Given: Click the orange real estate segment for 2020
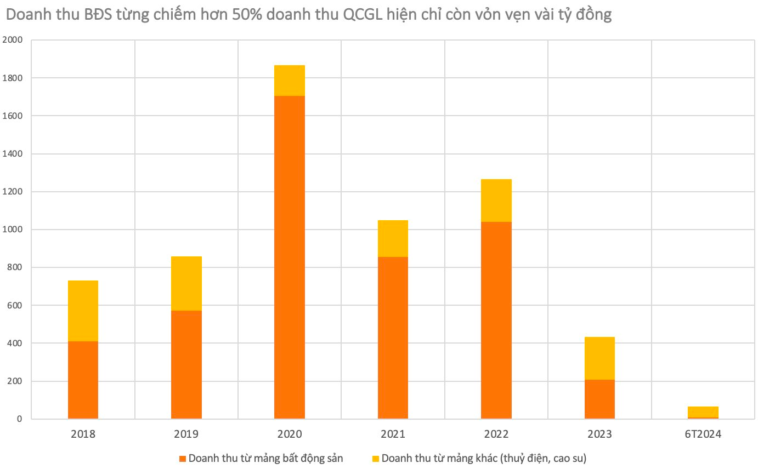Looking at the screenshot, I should point(290,257).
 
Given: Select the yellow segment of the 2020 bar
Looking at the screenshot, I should point(290,81).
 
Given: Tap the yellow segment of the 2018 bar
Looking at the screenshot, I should point(83,311).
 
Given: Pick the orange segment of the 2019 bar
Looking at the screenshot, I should point(186,364).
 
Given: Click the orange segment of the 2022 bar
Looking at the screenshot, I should point(496,320).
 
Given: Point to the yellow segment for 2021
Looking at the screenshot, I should point(393,238).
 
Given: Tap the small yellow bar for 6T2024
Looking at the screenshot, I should point(703,411).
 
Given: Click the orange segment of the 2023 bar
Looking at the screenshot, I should point(599,399).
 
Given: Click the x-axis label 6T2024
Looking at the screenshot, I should point(703,434).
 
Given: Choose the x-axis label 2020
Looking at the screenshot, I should point(290,434).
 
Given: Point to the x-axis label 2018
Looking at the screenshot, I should point(83,434).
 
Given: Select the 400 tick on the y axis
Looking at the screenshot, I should point(15,344).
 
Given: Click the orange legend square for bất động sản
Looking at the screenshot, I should point(183,459).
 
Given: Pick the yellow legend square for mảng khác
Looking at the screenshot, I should point(376,459).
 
